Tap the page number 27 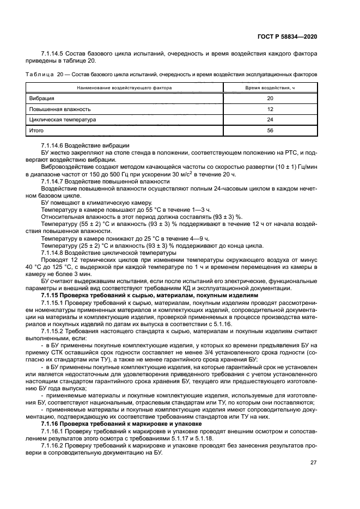pyautogui.click(x=313, y=462)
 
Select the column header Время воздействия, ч pyautogui.click(x=270, y=87)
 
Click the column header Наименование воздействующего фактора pyautogui.click(x=124, y=87)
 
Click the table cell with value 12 pyautogui.click(x=270, y=109)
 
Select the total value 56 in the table pyautogui.click(x=270, y=131)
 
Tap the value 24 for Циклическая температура pyautogui.click(x=270, y=120)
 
